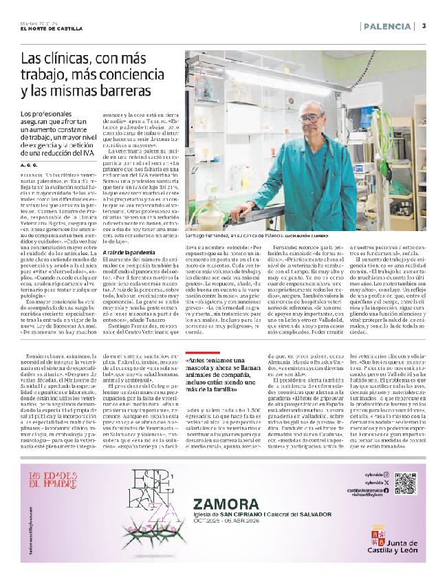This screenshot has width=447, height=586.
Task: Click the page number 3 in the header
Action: [x=424, y=26]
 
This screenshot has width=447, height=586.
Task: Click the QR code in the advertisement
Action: [x=406, y=464]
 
